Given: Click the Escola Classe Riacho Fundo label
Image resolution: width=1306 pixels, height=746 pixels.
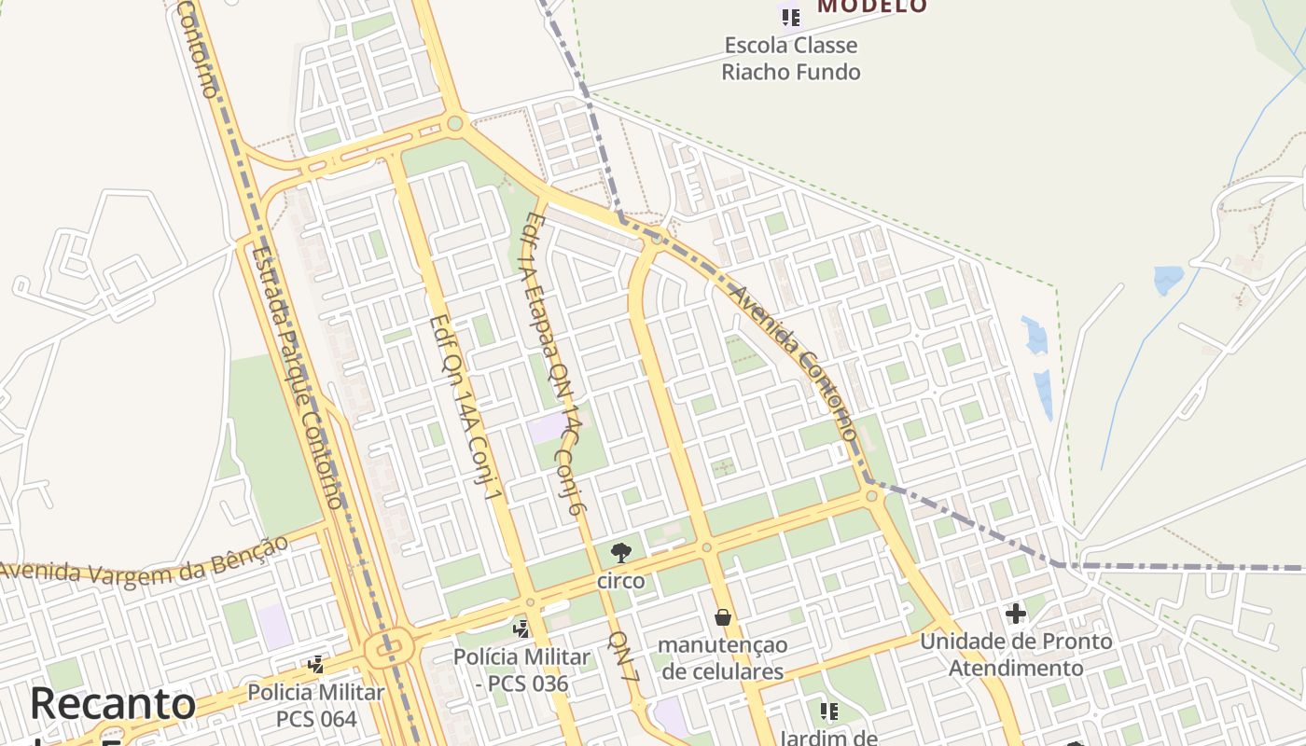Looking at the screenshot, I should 790,58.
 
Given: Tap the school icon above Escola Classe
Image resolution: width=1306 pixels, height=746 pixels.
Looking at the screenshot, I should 791,17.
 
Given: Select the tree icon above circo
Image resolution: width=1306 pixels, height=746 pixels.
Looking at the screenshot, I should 620,553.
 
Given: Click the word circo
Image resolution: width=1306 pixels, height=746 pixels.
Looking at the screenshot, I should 620,581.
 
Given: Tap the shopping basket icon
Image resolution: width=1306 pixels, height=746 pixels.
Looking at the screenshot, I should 722,617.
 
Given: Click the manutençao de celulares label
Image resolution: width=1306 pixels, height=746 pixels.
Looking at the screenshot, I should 722,657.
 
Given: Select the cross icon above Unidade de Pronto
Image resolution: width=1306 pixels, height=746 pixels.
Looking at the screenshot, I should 1015,614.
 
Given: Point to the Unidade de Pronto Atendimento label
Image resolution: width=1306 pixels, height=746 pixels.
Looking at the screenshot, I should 1016,655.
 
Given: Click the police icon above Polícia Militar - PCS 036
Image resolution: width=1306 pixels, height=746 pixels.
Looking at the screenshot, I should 521,629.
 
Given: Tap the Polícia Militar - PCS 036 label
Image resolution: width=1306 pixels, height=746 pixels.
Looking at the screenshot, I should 521,670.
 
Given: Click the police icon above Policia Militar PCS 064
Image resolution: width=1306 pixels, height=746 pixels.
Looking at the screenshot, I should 316,665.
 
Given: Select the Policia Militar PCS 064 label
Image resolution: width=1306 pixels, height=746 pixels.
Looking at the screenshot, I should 316,706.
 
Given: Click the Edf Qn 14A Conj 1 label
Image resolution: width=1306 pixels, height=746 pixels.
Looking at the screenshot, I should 465,407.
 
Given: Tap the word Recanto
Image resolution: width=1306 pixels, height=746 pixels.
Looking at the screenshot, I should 113,704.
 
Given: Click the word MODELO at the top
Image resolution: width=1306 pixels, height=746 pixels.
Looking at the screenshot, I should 872,7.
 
